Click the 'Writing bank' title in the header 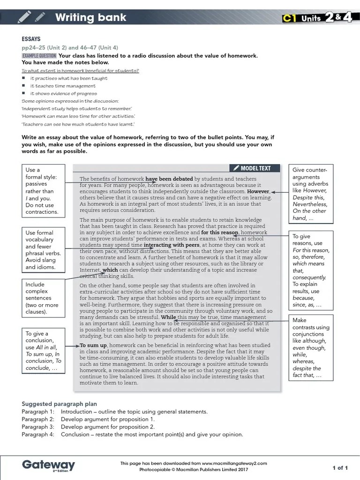coord(90,18)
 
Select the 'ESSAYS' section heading coord(31,39)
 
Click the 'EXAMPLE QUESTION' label coord(39,56)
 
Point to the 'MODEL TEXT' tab coord(256,168)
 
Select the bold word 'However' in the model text coord(258,192)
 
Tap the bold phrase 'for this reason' coord(220,232)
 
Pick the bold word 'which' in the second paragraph coord(110,270)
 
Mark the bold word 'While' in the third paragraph coord(168,317)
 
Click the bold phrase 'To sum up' coord(93,345)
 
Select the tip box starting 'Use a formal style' coord(43,190)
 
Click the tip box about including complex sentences coord(43,298)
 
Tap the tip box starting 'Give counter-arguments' coord(310,194)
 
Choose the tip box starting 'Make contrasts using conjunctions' coord(311,347)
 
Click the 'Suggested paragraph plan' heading coord(59,404)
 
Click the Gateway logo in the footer coord(48,465)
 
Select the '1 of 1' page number coord(340,467)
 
